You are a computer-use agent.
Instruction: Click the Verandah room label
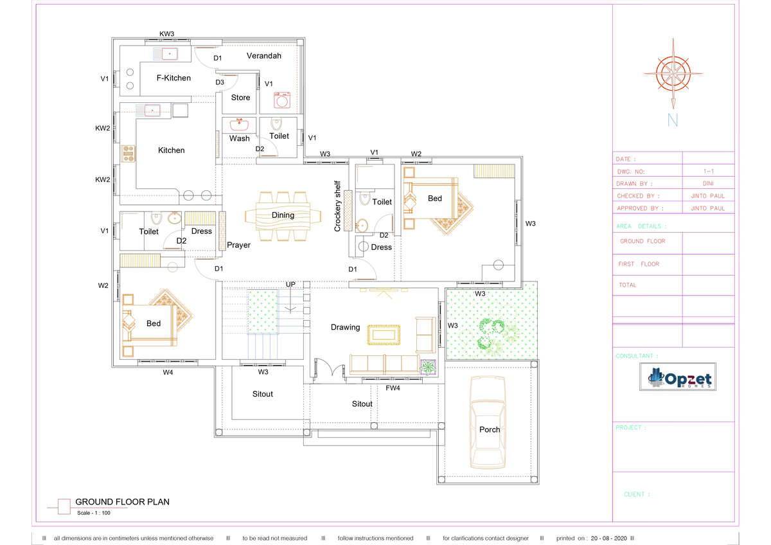click(x=263, y=56)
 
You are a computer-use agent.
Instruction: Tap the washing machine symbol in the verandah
click(x=282, y=100)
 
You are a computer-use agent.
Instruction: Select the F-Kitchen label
click(x=173, y=78)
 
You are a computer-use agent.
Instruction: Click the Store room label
click(x=240, y=98)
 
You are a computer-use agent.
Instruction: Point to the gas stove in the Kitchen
click(x=128, y=154)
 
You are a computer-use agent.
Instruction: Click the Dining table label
click(x=283, y=215)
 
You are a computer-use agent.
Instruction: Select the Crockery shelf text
click(x=337, y=206)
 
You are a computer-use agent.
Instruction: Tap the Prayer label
click(x=238, y=245)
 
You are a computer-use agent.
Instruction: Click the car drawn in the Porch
click(x=488, y=422)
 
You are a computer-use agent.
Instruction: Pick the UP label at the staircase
click(x=290, y=284)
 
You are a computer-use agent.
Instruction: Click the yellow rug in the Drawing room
click(x=384, y=335)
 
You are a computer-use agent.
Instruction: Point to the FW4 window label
click(x=393, y=388)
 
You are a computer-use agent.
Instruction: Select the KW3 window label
click(x=166, y=33)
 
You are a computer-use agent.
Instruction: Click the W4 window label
click(x=168, y=372)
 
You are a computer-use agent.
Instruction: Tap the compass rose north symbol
click(x=673, y=74)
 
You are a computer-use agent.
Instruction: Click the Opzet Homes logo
click(x=677, y=377)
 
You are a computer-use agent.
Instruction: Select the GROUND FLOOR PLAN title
click(x=122, y=502)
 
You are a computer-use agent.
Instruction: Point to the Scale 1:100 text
click(x=93, y=513)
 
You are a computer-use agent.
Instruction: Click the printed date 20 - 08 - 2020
click(x=608, y=538)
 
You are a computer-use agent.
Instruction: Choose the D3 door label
click(x=220, y=82)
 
